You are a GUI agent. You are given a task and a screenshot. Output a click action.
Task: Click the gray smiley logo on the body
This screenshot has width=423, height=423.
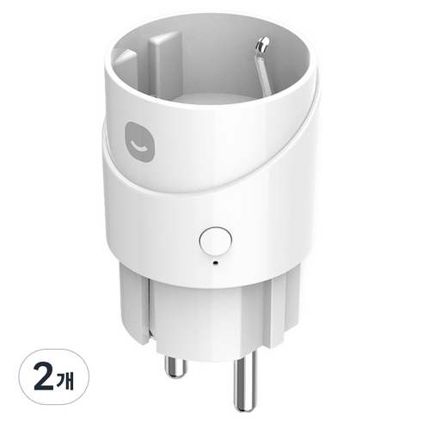139,142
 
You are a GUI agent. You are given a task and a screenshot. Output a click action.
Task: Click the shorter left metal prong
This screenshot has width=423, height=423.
175,366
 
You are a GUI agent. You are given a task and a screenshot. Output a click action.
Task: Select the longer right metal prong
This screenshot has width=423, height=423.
245,381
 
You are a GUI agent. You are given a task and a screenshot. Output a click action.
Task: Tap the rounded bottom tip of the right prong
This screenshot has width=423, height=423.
244,408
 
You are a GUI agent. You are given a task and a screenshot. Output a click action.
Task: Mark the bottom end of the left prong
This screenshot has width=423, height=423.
175,376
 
